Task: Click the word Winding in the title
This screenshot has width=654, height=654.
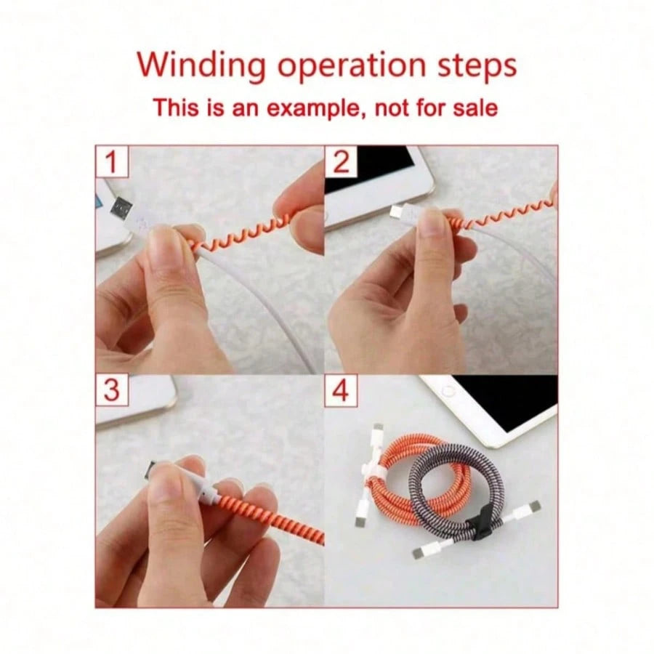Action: point(201,66)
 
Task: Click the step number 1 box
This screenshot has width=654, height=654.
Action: point(112,162)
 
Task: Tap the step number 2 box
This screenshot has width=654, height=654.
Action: point(342,162)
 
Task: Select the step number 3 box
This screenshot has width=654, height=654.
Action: point(112,390)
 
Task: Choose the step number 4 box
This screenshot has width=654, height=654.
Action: point(342,390)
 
